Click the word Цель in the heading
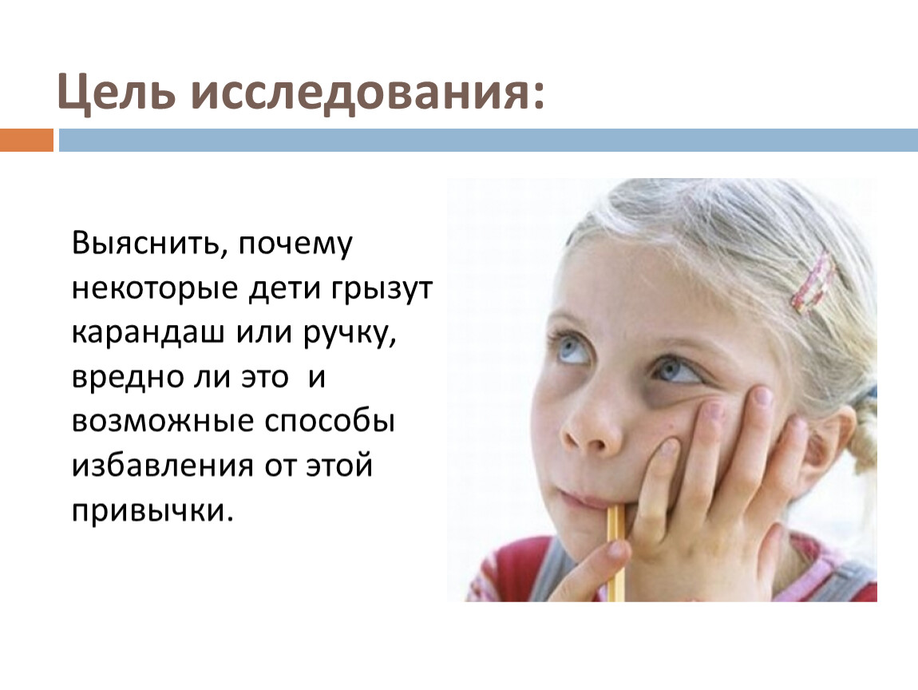click(x=116, y=92)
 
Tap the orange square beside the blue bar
click(x=26, y=140)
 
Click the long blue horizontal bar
click(x=489, y=140)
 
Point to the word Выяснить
click(x=146, y=243)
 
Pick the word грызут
click(x=383, y=290)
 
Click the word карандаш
click(x=148, y=333)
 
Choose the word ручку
click(x=350, y=335)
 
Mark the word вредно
click(x=126, y=377)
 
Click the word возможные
click(x=164, y=421)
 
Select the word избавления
click(x=163, y=466)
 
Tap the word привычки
click(x=152, y=511)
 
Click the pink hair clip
click(x=813, y=281)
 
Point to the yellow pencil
click(x=615, y=553)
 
